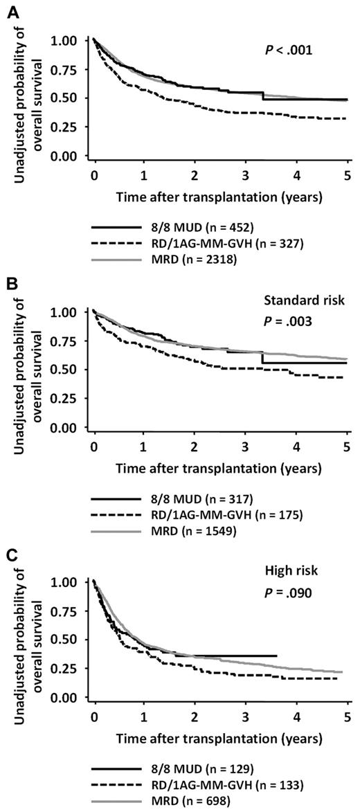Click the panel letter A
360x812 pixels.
pyautogui.click(x=8, y=8)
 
